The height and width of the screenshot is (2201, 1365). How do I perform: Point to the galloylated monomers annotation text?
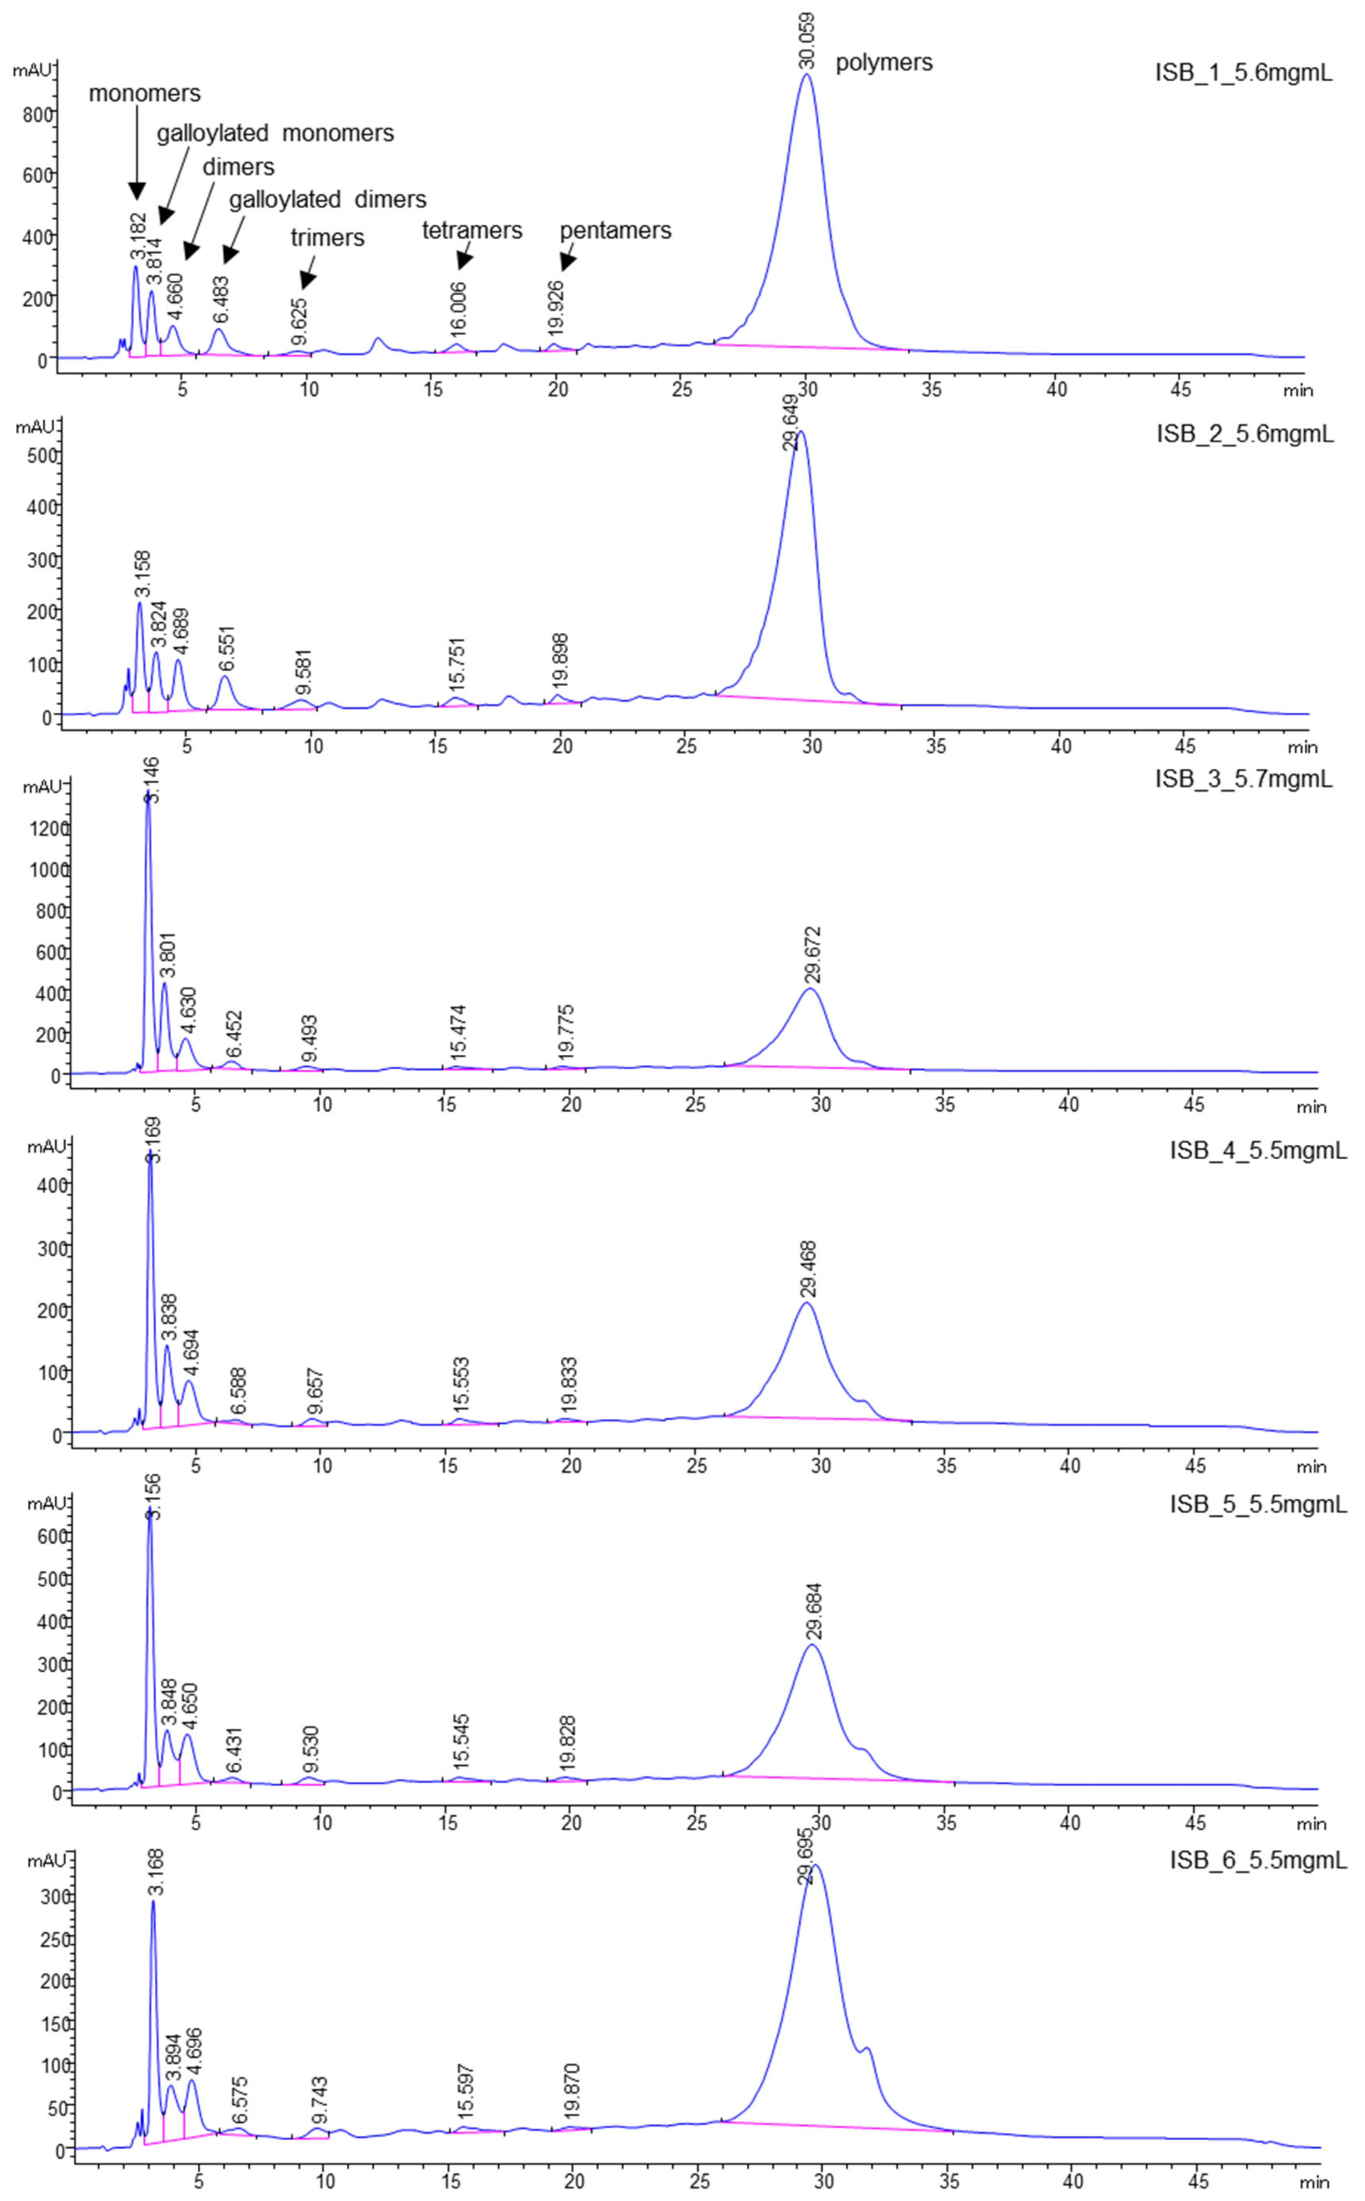click(x=275, y=133)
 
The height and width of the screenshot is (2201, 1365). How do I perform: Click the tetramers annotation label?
click(x=472, y=231)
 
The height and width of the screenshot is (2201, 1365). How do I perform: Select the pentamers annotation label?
click(x=616, y=231)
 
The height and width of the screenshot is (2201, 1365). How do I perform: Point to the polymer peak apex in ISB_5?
click(x=813, y=1645)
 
